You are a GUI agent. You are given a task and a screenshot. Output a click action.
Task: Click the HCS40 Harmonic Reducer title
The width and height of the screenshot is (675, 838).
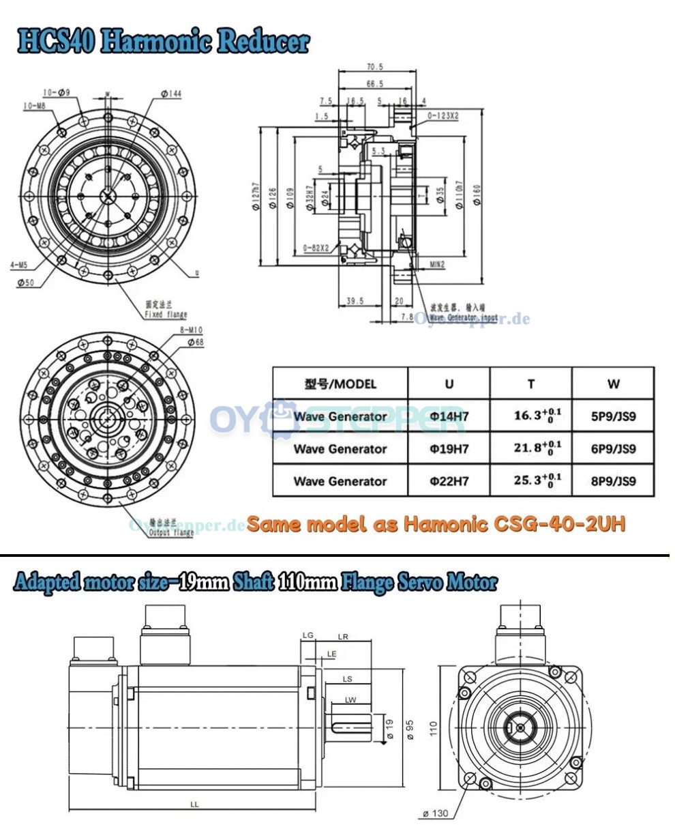(164, 42)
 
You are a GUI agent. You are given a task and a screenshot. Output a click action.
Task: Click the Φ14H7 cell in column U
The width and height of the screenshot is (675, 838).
(449, 416)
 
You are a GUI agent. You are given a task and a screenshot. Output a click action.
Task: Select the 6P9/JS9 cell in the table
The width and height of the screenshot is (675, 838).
(613, 449)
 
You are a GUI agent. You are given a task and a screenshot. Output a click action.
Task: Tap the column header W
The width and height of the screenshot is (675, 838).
(613, 384)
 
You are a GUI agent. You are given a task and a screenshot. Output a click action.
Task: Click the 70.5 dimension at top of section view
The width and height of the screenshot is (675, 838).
(375, 68)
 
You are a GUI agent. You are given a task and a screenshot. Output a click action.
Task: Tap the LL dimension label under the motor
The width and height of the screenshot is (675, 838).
(194, 805)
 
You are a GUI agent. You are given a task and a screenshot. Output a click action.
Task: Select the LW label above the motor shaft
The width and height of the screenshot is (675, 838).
(350, 699)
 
